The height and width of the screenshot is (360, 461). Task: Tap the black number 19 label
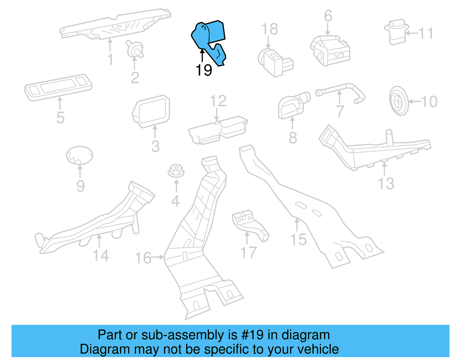tap(204, 70)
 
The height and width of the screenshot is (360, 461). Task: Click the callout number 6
tap(328, 16)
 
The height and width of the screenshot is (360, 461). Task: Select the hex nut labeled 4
tap(176, 171)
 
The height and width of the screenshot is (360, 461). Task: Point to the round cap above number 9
tap(80, 155)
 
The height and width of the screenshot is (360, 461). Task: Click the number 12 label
tap(218, 101)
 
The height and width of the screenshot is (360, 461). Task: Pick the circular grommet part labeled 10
tap(399, 101)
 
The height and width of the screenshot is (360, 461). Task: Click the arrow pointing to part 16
tap(157, 257)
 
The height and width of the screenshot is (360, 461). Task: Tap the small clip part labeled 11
tap(396, 32)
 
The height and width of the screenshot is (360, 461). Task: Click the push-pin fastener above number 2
tap(135, 49)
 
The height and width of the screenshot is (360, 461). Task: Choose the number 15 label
tap(298, 240)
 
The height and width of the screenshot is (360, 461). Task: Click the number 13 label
tap(386, 184)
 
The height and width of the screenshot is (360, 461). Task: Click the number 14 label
tap(101, 255)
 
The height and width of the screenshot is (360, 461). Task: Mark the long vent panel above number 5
tap(58, 87)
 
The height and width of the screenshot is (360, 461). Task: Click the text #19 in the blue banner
tap(252, 335)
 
